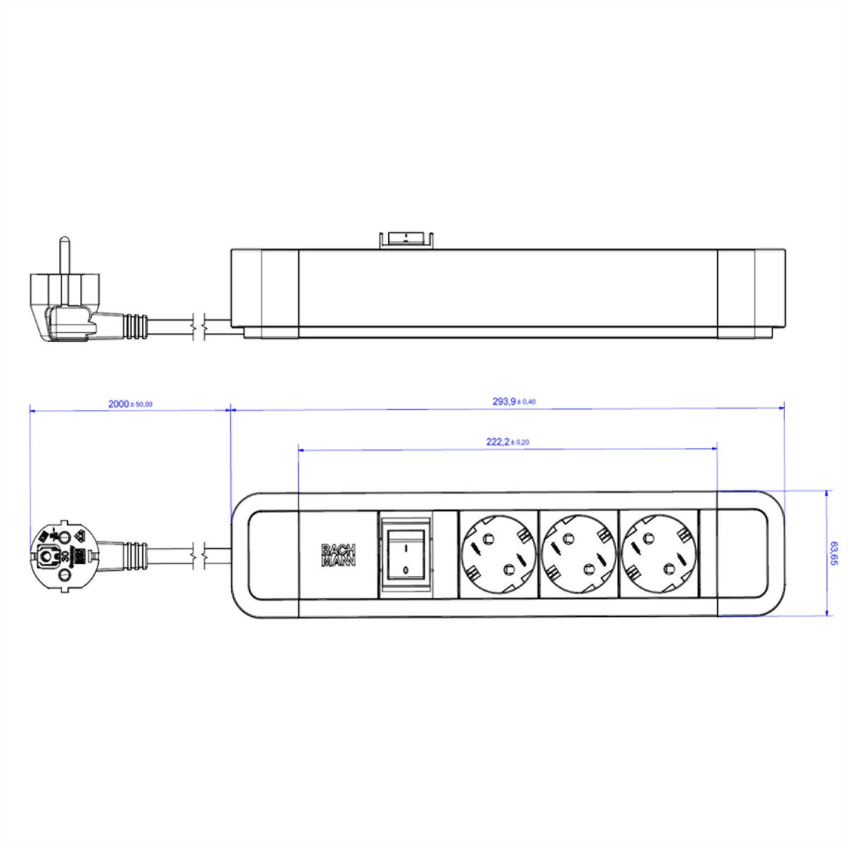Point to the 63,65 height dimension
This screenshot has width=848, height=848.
835,554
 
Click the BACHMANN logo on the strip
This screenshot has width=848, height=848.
338,555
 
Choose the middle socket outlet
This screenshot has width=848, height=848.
578,555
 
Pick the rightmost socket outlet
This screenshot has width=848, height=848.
658,555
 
